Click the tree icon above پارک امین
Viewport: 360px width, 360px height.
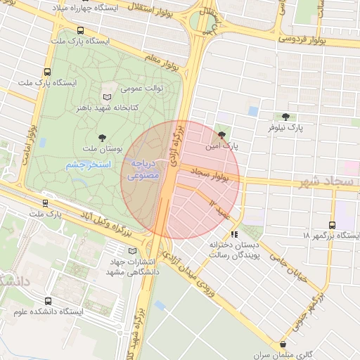point(223,136)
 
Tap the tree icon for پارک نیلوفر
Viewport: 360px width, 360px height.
point(285,117)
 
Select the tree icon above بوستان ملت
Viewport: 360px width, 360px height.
point(103,137)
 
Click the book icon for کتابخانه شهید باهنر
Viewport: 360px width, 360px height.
point(107,97)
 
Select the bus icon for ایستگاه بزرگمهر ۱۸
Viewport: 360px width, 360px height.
point(331,226)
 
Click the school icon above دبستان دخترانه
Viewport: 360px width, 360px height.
point(234,233)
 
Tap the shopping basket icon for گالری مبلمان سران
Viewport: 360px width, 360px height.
point(283,345)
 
